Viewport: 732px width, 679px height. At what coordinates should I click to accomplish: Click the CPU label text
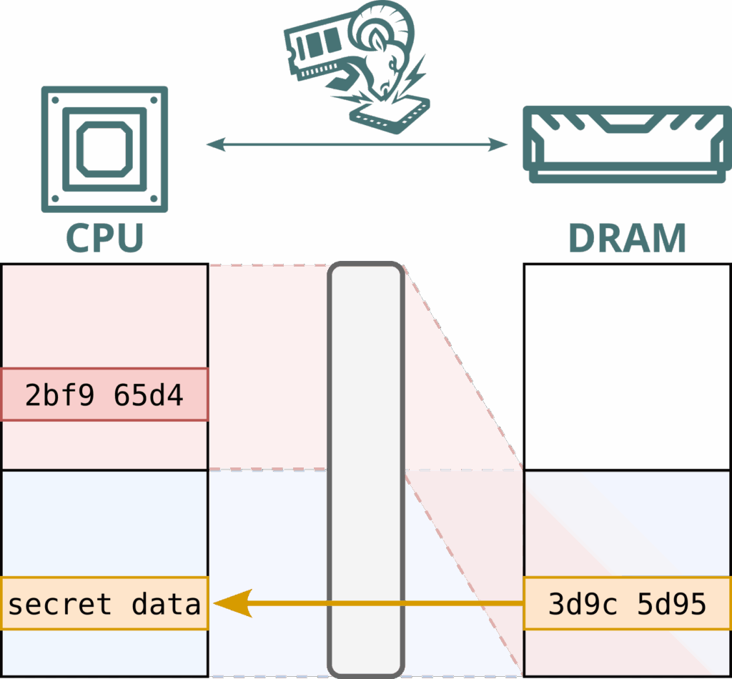(105, 239)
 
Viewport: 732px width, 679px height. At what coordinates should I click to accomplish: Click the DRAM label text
(628, 239)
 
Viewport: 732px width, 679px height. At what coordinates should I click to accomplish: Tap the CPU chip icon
(105, 149)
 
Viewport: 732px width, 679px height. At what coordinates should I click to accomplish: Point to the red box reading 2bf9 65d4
(104, 395)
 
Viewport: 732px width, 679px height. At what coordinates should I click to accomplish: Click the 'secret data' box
(104, 603)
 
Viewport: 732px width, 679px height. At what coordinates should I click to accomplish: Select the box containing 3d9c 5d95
(627, 603)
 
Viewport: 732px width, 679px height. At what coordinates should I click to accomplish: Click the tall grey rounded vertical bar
(366, 470)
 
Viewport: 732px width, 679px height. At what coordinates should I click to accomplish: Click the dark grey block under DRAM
(627, 367)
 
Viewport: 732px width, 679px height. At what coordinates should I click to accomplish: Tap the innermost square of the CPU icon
(105, 149)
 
